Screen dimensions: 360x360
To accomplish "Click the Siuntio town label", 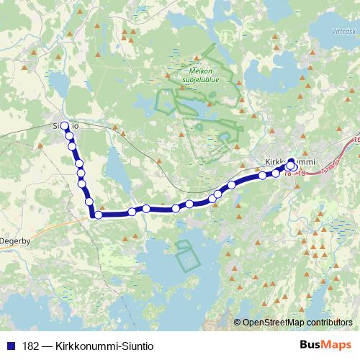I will click(x=65, y=125).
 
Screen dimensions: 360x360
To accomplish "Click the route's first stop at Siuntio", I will click(x=64, y=126).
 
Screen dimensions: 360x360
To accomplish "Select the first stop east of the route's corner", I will click(x=132, y=212).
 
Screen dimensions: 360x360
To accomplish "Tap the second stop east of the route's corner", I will click(x=146, y=209).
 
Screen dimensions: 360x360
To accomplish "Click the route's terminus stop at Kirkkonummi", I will click(x=290, y=166).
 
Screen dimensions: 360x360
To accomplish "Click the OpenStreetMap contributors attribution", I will click(x=297, y=322).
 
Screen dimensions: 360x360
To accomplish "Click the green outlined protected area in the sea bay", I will click(x=186, y=255).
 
